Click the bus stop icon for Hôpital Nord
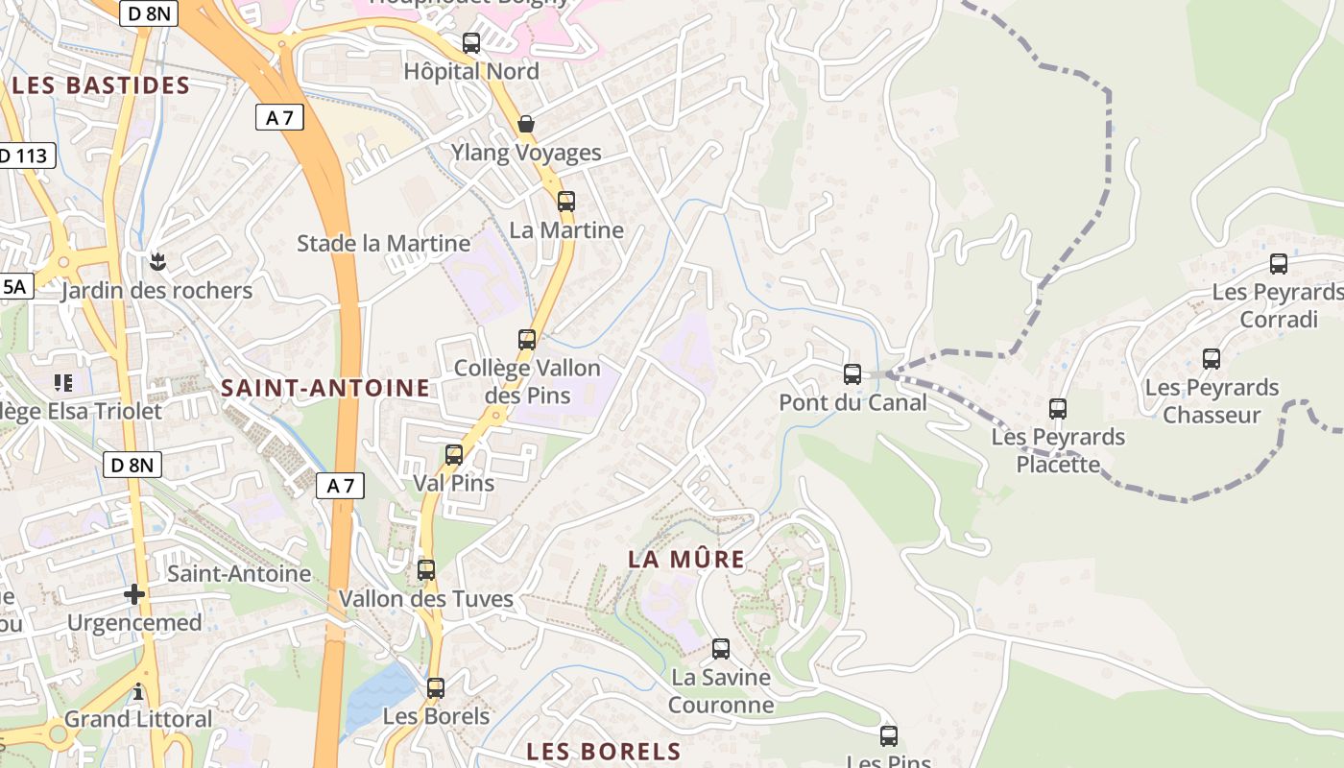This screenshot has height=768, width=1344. tap(471, 43)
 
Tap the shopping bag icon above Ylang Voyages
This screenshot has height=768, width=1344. tap(526, 124)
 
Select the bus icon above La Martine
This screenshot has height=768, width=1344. tap(566, 202)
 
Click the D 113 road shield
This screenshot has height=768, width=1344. tap(27, 156)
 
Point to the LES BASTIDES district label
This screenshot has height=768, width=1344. tap(101, 85)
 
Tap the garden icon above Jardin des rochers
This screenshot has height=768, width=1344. tap(157, 262)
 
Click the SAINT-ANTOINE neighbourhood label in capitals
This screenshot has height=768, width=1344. tap(325, 388)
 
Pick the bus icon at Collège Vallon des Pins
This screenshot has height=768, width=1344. tap(527, 339)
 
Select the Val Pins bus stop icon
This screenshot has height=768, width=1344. tap(454, 455)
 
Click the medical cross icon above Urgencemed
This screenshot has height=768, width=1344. tap(134, 595)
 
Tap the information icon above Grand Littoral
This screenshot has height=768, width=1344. tap(138, 691)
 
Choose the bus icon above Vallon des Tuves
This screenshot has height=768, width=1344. tap(426, 570)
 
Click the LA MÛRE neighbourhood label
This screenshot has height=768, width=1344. tap(686, 560)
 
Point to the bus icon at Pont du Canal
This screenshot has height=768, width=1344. tap(852, 374)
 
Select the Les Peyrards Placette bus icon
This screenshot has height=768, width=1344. tap(1058, 409)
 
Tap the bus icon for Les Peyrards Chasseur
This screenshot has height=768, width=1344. tap(1212, 359)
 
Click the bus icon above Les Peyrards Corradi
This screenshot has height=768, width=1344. tap(1279, 264)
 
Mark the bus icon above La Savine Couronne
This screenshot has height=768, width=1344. tap(721, 649)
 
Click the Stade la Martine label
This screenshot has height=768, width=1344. tap(383, 244)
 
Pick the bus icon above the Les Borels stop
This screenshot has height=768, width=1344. tap(436, 688)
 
